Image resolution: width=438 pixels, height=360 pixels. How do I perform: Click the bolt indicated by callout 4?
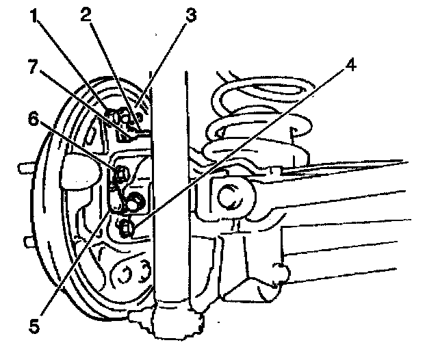click(x=126, y=228)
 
